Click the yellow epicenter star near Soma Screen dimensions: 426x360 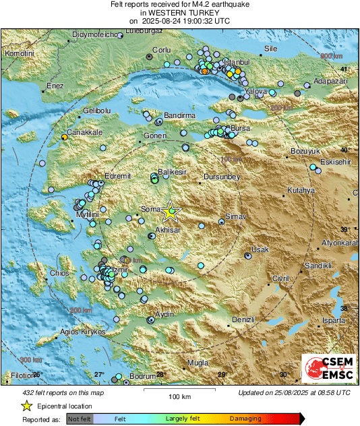coord(169,211)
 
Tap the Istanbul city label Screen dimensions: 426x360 coord(237,61)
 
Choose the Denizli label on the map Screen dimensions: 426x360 coord(243,319)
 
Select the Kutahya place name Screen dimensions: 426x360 coord(301,191)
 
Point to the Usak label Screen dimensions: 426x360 coord(260,249)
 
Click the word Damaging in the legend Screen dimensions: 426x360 coord(245,419)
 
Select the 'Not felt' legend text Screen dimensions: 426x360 coord(80,419)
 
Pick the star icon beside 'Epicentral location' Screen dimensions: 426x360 coord(26,406)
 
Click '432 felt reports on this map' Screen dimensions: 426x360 coord(53,392)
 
